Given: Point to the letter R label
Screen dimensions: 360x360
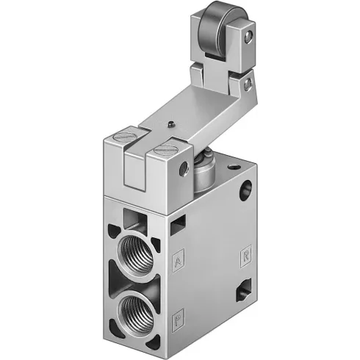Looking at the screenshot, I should [x=246, y=256].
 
